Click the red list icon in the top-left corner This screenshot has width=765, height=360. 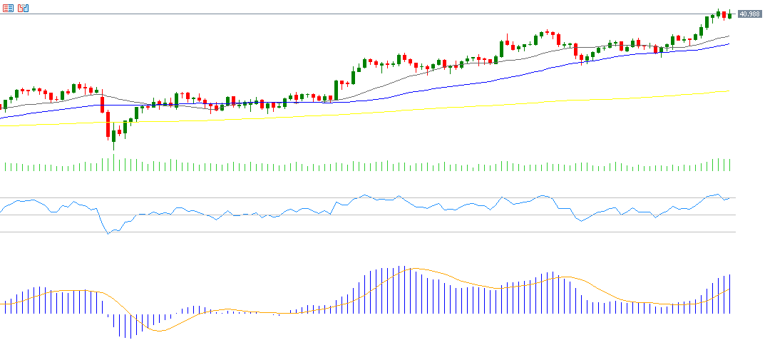pyautogui.click(x=8, y=8)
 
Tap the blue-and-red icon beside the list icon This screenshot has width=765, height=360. pyautogui.click(x=24, y=8)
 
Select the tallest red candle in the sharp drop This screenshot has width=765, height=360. pyautogui.click(x=108, y=124)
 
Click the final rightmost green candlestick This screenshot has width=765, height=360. pyautogui.click(x=730, y=14)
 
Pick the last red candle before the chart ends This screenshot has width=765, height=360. pyautogui.click(x=724, y=15)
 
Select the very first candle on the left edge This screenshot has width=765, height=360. pyautogui.click(x=5, y=105)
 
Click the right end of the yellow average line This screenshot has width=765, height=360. pyautogui.click(x=728, y=91)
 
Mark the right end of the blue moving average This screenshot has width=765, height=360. pyautogui.click(x=729, y=44)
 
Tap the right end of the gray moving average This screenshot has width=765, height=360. pyautogui.click(x=729, y=36)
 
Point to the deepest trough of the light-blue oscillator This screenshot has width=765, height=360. pyautogui.click(x=108, y=233)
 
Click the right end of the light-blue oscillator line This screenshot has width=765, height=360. pyautogui.click(x=734, y=197)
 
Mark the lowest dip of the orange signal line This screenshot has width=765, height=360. pyautogui.click(x=158, y=331)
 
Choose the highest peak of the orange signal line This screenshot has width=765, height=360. pyautogui.click(x=414, y=269)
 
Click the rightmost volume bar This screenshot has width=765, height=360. pyautogui.click(x=731, y=165)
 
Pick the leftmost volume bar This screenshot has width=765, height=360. pyautogui.click(x=5, y=167)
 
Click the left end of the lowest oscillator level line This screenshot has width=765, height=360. pyautogui.click(x=1, y=232)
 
